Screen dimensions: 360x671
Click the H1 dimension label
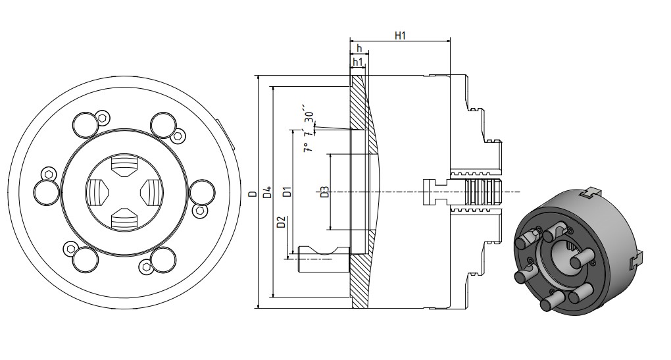pyautogui.click(x=399, y=36)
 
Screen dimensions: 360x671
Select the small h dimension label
pyautogui.click(x=359, y=49)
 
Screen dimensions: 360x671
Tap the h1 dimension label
pyautogui.click(x=358, y=62)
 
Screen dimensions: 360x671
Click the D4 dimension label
pyautogui.click(x=266, y=193)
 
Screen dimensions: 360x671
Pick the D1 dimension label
pyautogui.click(x=286, y=193)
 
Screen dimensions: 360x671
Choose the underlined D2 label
pyautogui.click(x=281, y=222)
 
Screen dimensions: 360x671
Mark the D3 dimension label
pyautogui.click(x=324, y=193)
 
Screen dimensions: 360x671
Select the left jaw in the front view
pyautogui.click(x=95, y=193)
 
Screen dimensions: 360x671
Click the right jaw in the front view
pyautogui.click(x=149, y=193)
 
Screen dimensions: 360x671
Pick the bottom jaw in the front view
pyautogui.click(x=122, y=219)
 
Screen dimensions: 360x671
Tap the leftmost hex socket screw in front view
pyautogui.click(x=46, y=174)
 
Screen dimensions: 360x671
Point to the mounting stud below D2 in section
pyautogui.click(x=322, y=259)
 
